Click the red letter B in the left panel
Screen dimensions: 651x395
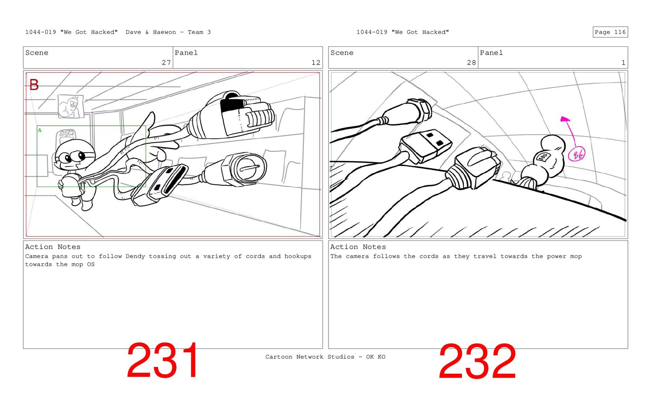pos(34,85)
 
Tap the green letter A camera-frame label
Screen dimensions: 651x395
pos(40,130)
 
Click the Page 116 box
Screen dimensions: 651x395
pos(610,32)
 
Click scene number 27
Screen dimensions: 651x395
pos(166,63)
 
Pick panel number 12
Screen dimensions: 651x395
pos(316,63)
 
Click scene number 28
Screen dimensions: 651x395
pos(471,63)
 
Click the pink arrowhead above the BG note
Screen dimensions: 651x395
pos(565,119)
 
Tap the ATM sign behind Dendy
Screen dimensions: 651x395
pos(67,133)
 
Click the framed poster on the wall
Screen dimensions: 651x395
pos(71,106)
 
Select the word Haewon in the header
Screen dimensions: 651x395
pos(164,32)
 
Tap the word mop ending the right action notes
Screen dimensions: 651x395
pos(576,256)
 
